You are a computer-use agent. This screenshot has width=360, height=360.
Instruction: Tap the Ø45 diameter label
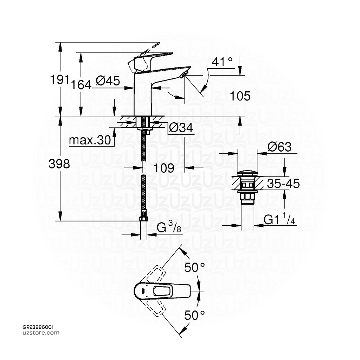point(108,81)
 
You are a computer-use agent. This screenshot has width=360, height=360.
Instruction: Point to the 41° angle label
point(222,62)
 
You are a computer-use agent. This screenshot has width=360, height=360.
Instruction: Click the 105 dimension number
point(240,95)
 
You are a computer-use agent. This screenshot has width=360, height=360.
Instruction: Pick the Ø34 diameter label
point(181,128)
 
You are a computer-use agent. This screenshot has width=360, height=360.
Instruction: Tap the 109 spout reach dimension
point(164,168)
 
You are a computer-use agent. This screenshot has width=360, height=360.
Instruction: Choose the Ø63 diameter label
point(279,147)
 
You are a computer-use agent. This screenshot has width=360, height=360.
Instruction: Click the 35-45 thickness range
point(283,183)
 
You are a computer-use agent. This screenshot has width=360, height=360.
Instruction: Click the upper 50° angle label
point(195,268)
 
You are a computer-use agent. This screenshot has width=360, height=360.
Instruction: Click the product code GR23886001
point(38,327)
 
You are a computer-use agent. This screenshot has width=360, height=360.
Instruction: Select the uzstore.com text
point(41,333)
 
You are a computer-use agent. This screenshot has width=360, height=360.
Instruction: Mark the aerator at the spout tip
point(184,74)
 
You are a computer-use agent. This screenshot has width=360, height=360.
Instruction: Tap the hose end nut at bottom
point(143,218)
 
